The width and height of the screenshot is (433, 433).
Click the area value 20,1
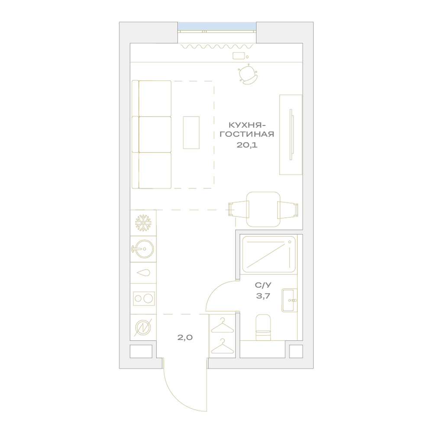click(x=247, y=145)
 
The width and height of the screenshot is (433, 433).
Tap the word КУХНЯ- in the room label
click(x=245, y=126)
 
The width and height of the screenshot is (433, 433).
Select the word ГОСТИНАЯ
click(x=247, y=135)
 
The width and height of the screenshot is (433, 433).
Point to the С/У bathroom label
click(x=263, y=285)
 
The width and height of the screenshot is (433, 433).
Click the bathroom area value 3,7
click(x=263, y=296)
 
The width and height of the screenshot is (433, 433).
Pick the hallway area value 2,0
click(x=185, y=337)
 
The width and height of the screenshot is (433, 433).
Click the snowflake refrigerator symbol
click(x=143, y=223)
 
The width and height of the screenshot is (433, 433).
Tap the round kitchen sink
click(x=143, y=249)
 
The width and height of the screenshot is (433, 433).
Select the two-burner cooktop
click(x=144, y=299)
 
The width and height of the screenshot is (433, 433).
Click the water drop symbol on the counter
click(x=144, y=273)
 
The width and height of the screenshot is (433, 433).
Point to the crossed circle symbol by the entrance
click(x=143, y=328)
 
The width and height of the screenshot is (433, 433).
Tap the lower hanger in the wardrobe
click(x=222, y=346)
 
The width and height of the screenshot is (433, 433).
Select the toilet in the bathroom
click(x=263, y=327)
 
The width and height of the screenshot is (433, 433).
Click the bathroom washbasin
click(x=289, y=300)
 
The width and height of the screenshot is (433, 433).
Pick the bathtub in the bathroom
click(x=269, y=254)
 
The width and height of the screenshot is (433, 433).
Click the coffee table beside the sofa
click(x=191, y=132)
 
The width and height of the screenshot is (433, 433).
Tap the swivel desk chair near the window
click(x=248, y=74)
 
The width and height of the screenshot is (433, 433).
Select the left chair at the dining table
click(x=238, y=209)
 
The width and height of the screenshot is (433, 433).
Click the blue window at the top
click(x=217, y=27)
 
